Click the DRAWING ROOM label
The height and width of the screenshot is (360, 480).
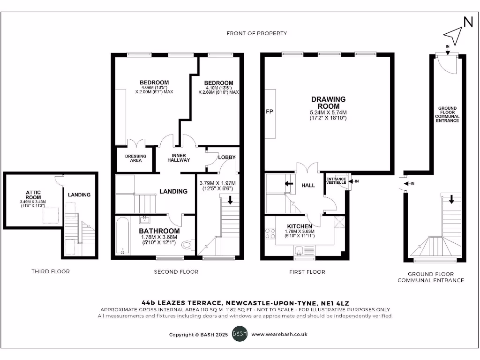329,103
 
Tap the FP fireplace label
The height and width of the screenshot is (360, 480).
270,112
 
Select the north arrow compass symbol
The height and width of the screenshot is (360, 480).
453,34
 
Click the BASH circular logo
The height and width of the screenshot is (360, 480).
240,334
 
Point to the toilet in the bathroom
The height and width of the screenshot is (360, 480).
187,244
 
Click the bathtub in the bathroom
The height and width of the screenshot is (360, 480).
123,236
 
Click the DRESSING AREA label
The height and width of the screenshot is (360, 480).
135,158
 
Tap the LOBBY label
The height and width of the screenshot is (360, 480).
227,157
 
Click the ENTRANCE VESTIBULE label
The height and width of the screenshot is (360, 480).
336,180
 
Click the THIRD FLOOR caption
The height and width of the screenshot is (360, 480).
51,271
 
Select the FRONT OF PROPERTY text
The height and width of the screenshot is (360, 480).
256,33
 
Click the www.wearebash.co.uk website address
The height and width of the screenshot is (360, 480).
279,334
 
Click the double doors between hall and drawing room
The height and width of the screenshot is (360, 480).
307,168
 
